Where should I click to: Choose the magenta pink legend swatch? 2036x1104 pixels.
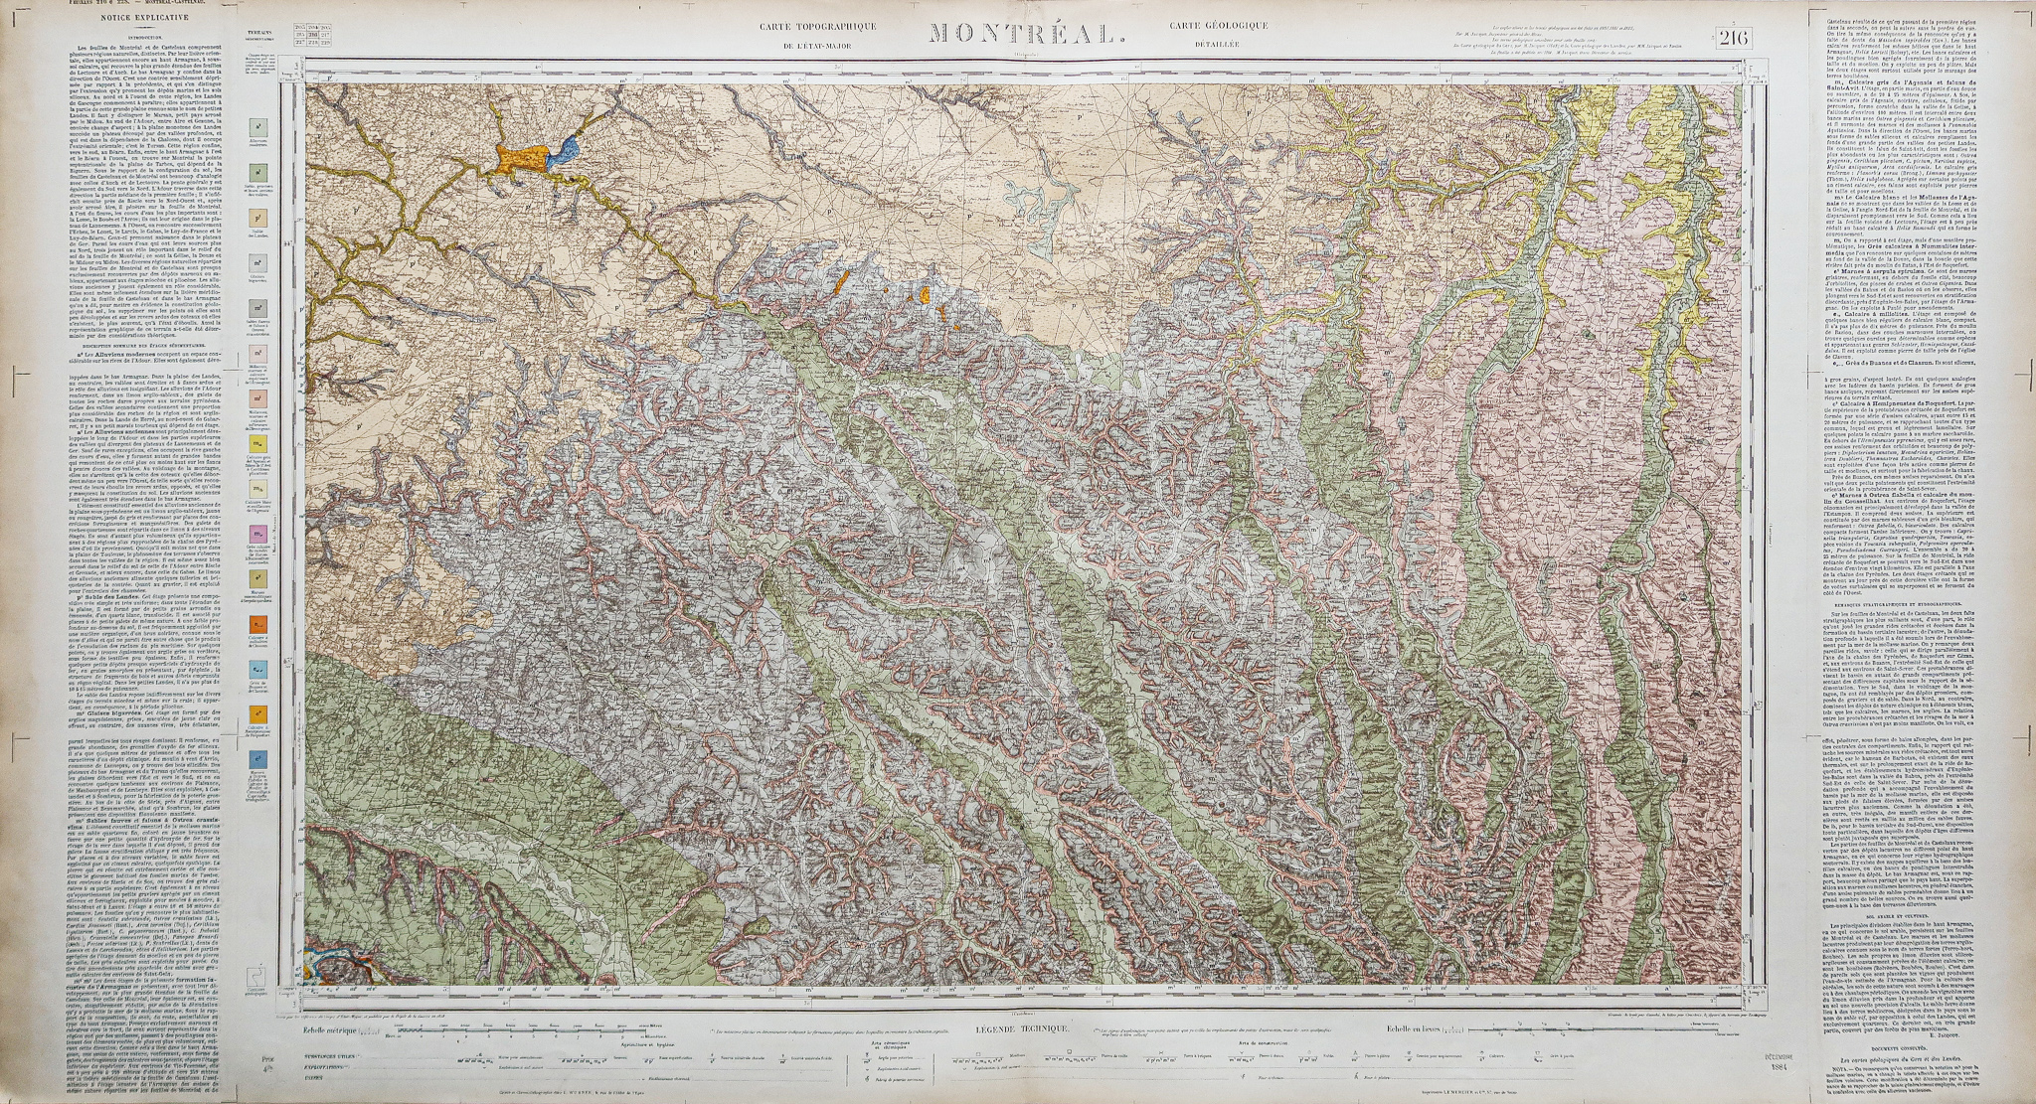(x=257, y=534)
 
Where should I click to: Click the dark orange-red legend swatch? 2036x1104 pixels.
(x=257, y=624)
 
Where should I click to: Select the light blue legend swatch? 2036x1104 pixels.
(x=257, y=668)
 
